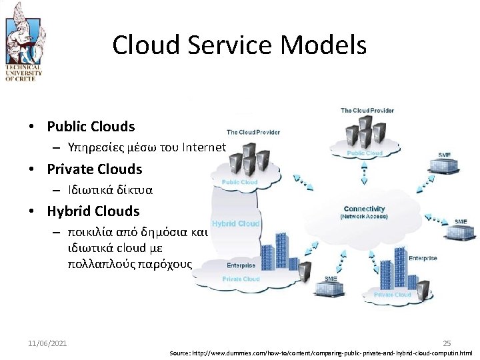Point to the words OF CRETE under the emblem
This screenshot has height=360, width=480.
[23, 78]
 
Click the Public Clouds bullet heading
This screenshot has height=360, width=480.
[91, 127]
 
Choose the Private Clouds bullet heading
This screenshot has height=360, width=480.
[95, 169]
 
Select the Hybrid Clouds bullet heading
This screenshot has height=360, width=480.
[93, 211]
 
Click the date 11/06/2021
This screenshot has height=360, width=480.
[47, 343]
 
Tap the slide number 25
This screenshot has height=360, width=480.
[447, 343]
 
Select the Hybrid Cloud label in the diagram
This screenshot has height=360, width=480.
[235, 223]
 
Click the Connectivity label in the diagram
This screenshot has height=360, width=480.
[364, 209]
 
